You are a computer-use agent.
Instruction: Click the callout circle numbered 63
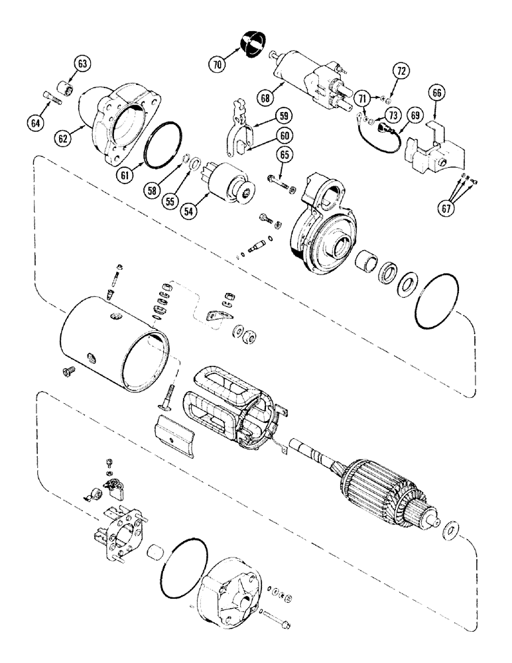82,64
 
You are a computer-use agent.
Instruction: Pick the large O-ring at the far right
440,303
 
